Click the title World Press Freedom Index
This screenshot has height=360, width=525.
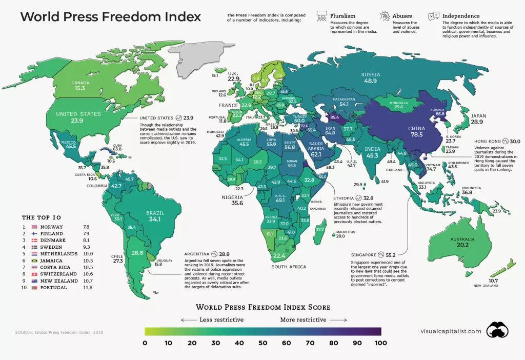pyautogui.click(x=110, y=16)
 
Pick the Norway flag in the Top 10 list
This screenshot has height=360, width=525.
pyautogui.click(x=35, y=227)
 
